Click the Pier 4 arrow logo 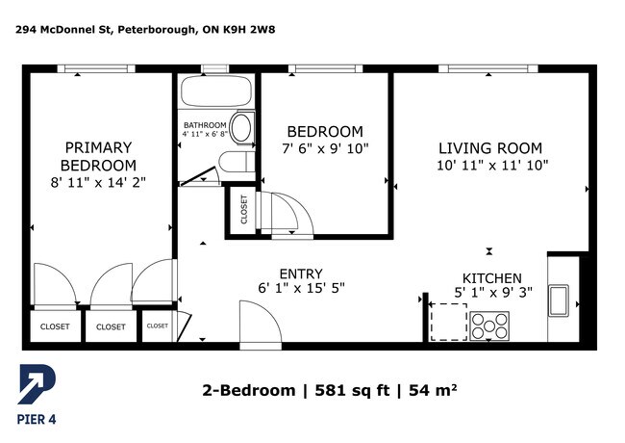coord(37,383)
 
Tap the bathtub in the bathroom coord(216,91)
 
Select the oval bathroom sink coord(241,127)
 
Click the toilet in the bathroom coord(237,162)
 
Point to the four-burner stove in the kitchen coord(489,326)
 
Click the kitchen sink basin coord(559,300)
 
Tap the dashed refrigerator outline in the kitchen coord(448,322)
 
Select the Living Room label coord(490,148)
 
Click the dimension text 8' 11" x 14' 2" coord(98,182)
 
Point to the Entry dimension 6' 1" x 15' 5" coord(301,288)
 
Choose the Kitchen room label coord(492,278)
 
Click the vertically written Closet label coord(244,210)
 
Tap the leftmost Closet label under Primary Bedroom coord(55,326)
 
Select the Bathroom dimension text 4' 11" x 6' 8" coord(205,134)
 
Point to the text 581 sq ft coord(352,390)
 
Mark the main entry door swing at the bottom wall coord(262,324)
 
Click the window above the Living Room coord(488,68)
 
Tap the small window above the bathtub coord(214,68)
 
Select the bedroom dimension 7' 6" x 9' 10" coord(325,149)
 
